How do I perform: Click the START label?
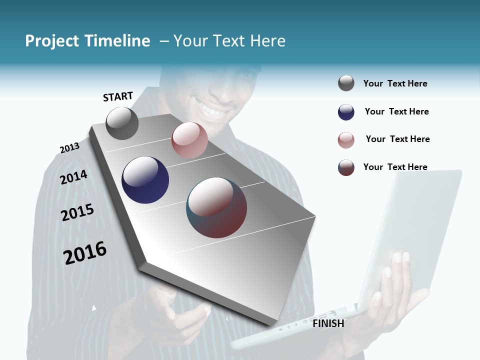[118, 96]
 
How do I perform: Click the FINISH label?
[328, 323]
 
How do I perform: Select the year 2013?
[69, 148]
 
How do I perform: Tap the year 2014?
[73, 177]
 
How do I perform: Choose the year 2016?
[85, 253]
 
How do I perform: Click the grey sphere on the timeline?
[122, 123]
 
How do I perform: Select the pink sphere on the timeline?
[189, 139]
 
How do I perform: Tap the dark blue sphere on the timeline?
[145, 180]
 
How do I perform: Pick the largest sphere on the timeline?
[216, 207]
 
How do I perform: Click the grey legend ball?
[346, 83]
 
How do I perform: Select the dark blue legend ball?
[346, 112]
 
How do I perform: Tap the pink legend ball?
[346, 140]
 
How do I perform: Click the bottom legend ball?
[346, 167]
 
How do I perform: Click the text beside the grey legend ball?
[395, 83]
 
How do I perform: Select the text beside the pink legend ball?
[397, 139]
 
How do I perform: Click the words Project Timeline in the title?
[87, 41]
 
